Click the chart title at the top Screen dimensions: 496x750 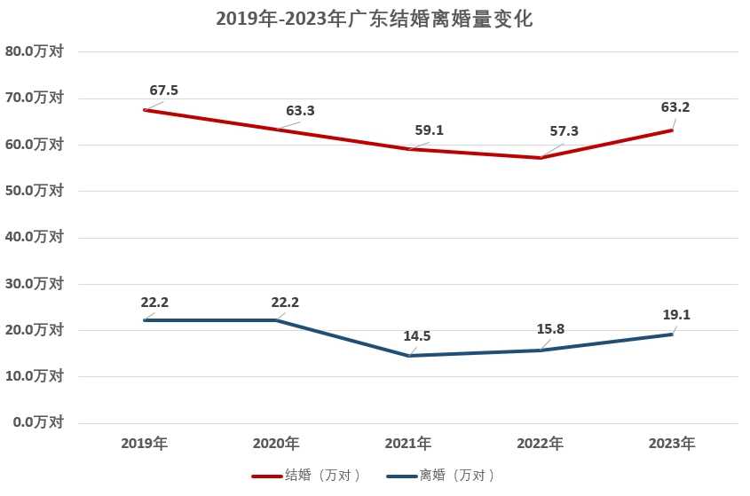pyautogui.click(x=374, y=19)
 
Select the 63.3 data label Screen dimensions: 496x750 pyautogui.click(x=300, y=111)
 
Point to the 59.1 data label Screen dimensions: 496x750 pyautogui.click(x=429, y=130)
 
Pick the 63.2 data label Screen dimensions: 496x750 pyautogui.click(x=675, y=107)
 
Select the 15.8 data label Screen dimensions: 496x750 pyautogui.click(x=550, y=329)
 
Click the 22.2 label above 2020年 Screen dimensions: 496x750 pyautogui.click(x=285, y=302)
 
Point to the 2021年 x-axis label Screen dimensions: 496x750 pyautogui.click(x=408, y=443)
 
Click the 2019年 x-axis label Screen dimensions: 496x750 pyautogui.click(x=144, y=443)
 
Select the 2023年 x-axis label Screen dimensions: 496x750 pyautogui.click(x=672, y=443)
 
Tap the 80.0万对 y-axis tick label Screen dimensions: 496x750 pyautogui.click(x=35, y=51)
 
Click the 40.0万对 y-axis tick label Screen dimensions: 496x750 pyautogui.click(x=35, y=237)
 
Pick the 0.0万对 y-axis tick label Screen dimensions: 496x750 pyautogui.click(x=38, y=422)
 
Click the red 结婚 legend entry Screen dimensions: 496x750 pyautogui.click(x=307, y=476)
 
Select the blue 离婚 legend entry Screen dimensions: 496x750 pyautogui.click(x=441, y=476)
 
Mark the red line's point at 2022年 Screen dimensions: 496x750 pyautogui.click(x=540, y=157)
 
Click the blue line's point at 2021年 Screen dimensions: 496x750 pyautogui.click(x=408, y=356)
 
